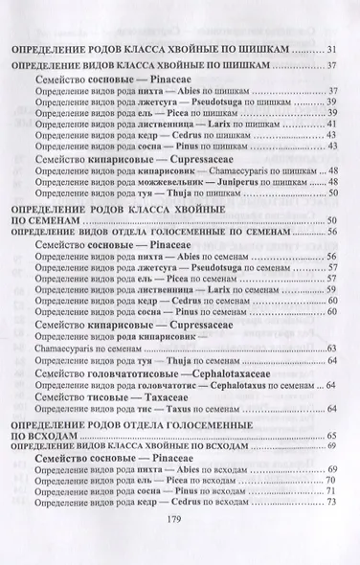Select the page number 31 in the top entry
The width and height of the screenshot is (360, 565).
tap(332, 50)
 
